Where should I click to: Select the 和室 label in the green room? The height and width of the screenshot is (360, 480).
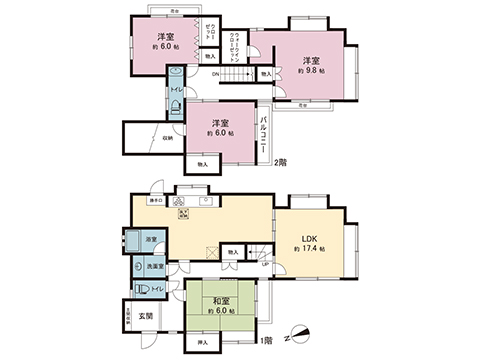[x=220, y=300]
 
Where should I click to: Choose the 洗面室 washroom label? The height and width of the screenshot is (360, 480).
[x=156, y=268]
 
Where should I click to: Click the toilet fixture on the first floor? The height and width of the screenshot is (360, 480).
[x=142, y=287]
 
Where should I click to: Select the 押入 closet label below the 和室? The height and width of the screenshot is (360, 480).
[x=205, y=343]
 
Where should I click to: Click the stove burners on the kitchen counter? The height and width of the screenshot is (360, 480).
[x=183, y=211]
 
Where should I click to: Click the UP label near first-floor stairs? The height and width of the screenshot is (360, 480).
[x=264, y=264]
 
